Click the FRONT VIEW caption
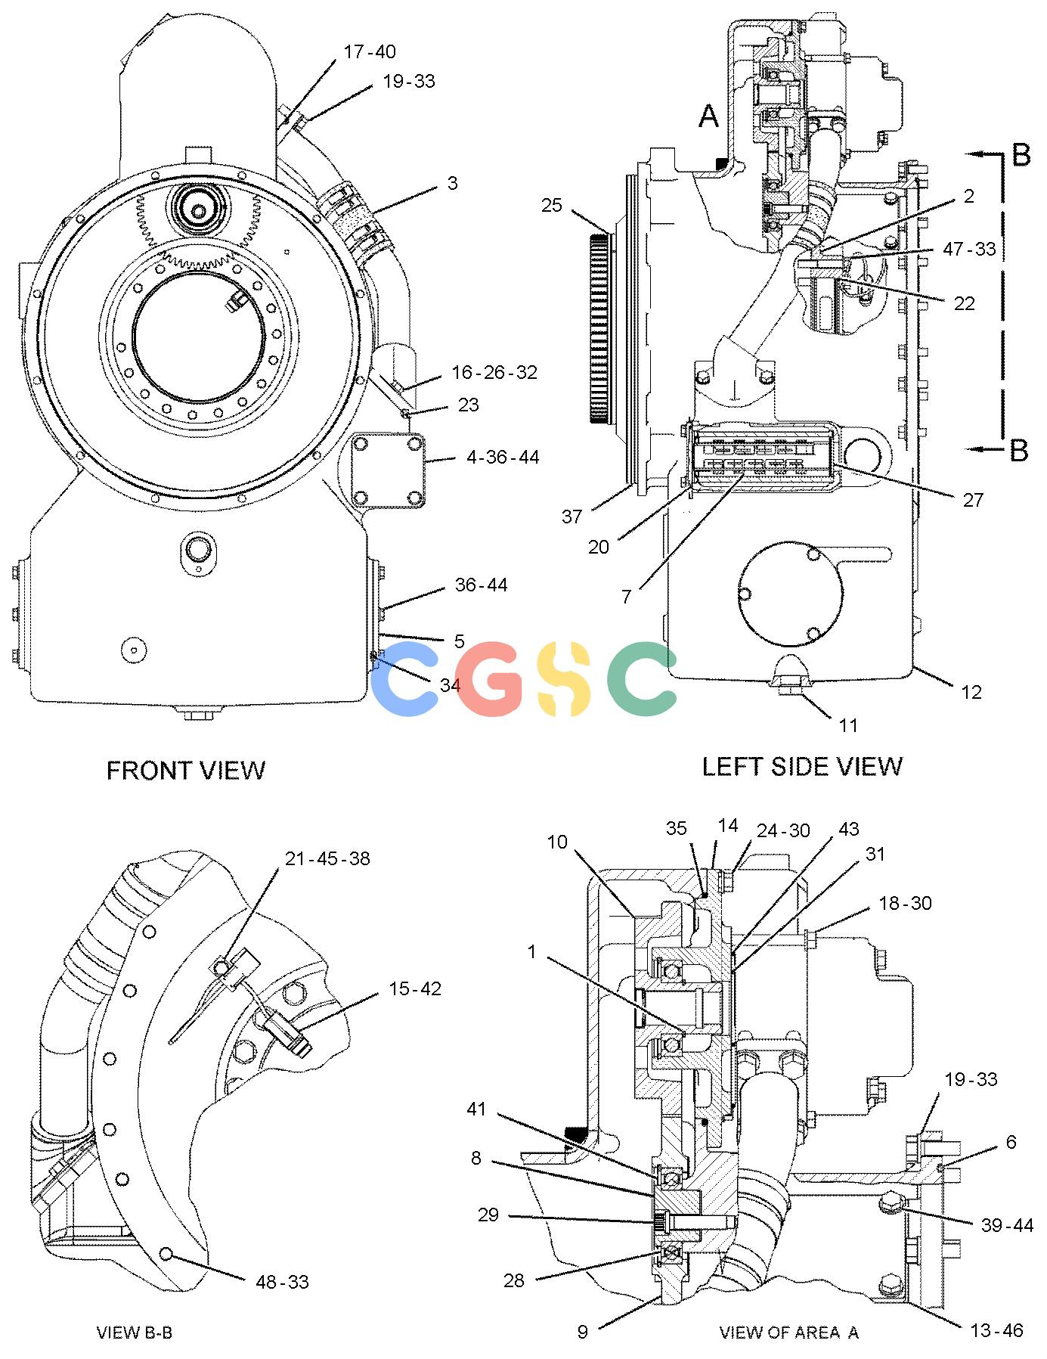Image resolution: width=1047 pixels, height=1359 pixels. (186, 770)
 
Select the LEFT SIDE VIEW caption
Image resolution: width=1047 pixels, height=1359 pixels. (802, 766)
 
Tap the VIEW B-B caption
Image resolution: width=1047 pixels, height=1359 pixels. (135, 1332)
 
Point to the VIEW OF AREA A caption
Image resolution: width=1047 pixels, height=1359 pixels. (788, 1332)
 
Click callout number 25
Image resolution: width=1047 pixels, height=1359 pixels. (552, 205)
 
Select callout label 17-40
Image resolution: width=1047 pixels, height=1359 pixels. (369, 51)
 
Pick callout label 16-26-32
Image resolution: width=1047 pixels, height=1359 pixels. (494, 372)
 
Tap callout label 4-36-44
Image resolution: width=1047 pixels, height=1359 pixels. (503, 457)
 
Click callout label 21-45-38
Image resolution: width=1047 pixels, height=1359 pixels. (327, 858)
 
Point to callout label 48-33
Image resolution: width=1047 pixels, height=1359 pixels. (283, 1281)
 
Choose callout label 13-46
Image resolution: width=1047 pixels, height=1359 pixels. (996, 1330)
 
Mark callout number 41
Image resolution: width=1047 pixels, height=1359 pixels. (476, 1109)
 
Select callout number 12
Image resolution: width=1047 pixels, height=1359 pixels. (971, 691)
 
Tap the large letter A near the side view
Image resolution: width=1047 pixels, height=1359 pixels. (708, 116)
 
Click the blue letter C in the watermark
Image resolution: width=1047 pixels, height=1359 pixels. (405, 678)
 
